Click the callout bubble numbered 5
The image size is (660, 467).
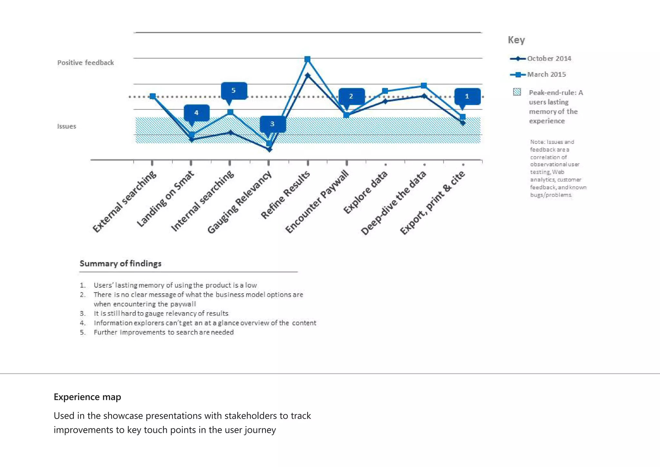point(234,91)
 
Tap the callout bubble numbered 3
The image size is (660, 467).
point(273,124)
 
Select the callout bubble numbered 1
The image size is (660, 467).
point(467,96)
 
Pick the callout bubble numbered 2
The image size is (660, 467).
point(351,96)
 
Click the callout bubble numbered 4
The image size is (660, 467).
point(197,113)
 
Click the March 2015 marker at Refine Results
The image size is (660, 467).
point(307,59)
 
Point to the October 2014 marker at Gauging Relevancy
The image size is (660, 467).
point(270,149)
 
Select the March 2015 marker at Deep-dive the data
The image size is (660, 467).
point(424,85)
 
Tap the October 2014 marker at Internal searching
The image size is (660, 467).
point(230,132)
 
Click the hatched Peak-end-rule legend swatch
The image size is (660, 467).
point(517,92)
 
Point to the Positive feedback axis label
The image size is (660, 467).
point(85,63)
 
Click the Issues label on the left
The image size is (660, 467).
point(67,126)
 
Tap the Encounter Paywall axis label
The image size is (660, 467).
point(317,202)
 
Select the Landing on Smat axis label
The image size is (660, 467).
point(165,199)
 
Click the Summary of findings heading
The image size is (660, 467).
point(121,263)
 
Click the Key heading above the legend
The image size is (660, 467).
point(516,40)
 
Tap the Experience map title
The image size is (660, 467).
point(87,397)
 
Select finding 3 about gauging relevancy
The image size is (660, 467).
point(161,313)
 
